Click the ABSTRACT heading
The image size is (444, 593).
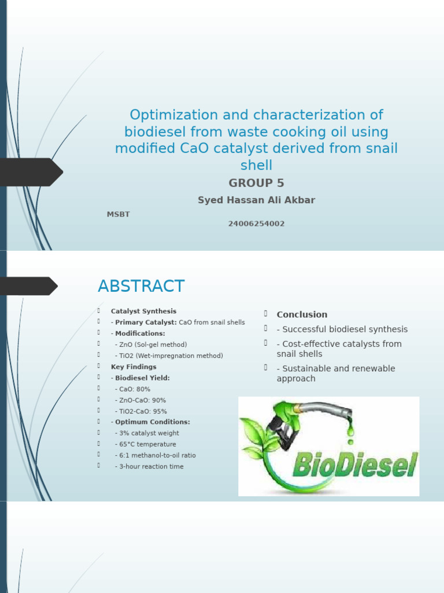[141, 286]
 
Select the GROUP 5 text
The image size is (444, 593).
[256, 184]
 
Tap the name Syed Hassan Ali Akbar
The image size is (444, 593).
[256, 200]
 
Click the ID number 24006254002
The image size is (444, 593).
[256, 224]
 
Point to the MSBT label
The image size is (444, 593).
[118, 214]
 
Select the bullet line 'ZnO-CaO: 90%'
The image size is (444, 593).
[140, 400]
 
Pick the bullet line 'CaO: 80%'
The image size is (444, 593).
[132, 389]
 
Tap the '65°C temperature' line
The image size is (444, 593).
[145, 444]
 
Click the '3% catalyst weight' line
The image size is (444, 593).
[147, 433]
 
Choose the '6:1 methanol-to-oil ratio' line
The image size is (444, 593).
[155, 455]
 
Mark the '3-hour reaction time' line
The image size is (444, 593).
[149, 466]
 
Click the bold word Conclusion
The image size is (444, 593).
[302, 314]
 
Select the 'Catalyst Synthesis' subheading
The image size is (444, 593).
[143, 311]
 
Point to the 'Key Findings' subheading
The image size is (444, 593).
[134, 367]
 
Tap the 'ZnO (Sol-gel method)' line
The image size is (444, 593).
[151, 345]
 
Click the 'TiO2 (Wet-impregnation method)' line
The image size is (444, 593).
[169, 356]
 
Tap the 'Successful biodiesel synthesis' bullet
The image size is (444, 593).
[342, 329]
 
